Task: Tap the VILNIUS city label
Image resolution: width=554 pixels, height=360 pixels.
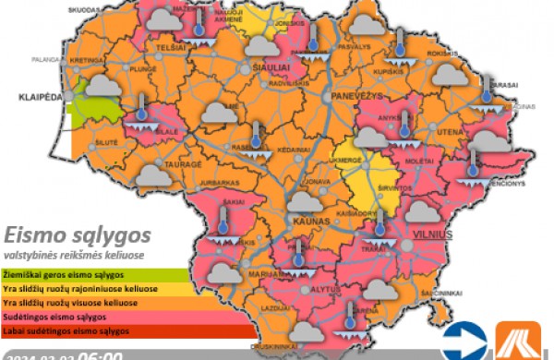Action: pyautogui.click(x=432, y=234)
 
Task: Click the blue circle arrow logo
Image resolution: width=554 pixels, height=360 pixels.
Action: pyautogui.click(x=464, y=341)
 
